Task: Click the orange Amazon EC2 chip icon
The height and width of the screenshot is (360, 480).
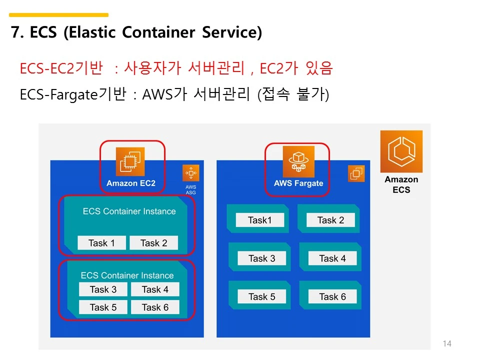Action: [x=130, y=161]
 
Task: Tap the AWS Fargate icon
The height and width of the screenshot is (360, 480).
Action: [x=298, y=160]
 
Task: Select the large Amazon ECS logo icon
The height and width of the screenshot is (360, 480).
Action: [x=401, y=151]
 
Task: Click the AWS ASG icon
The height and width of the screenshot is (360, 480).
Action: [x=191, y=173]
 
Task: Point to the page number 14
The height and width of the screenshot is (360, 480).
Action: [x=447, y=343]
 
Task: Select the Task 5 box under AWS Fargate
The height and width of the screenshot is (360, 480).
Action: [x=261, y=296]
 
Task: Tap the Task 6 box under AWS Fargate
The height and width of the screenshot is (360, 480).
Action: [x=332, y=296]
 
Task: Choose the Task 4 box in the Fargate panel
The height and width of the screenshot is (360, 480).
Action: [x=332, y=258]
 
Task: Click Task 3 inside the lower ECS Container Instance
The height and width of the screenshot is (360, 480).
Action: [x=103, y=289]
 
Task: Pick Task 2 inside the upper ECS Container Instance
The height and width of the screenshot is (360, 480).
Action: [x=153, y=243]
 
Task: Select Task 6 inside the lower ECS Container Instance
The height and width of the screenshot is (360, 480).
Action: [x=155, y=307]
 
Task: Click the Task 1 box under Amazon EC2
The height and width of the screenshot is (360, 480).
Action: [x=101, y=243]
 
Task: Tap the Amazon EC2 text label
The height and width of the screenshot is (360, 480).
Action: [x=131, y=183]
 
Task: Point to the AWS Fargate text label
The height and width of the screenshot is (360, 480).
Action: [x=298, y=183]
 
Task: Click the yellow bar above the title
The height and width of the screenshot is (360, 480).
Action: [x=59, y=15]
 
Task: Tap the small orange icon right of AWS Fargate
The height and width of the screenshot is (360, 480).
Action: [x=356, y=173]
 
